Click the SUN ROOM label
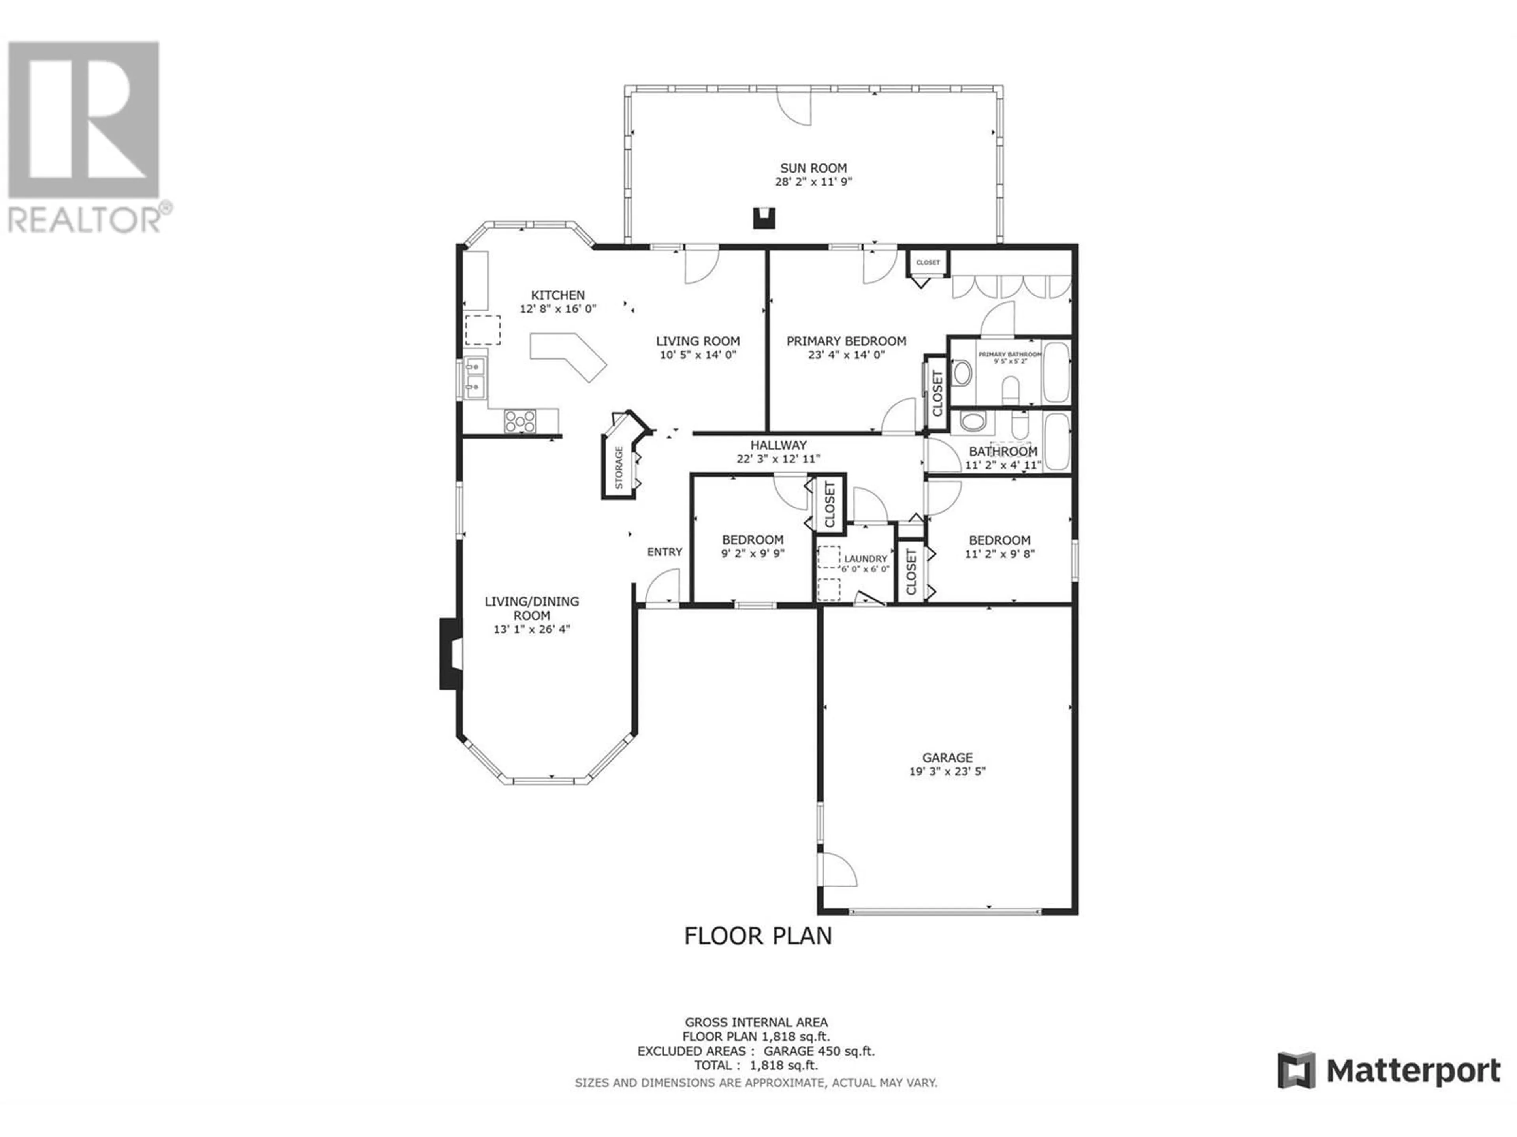pos(813,168)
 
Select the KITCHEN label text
pos(557,295)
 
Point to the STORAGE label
pos(619,467)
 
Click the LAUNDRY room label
pos(866,559)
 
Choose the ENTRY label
pos(664,552)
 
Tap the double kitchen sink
pos(474,378)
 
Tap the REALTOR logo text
pos(85,220)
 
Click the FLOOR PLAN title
pos(758,936)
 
